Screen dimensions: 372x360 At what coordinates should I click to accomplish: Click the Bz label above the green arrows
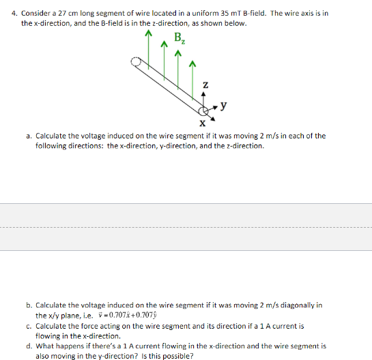pyautogui.click(x=180, y=39)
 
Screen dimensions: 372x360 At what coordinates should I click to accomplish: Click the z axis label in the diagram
pyautogui.click(x=203, y=85)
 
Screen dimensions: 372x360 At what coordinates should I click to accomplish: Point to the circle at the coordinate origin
pyautogui.click(x=204, y=110)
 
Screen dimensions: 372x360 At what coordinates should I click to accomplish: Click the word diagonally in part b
pyautogui.click(x=289, y=306)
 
